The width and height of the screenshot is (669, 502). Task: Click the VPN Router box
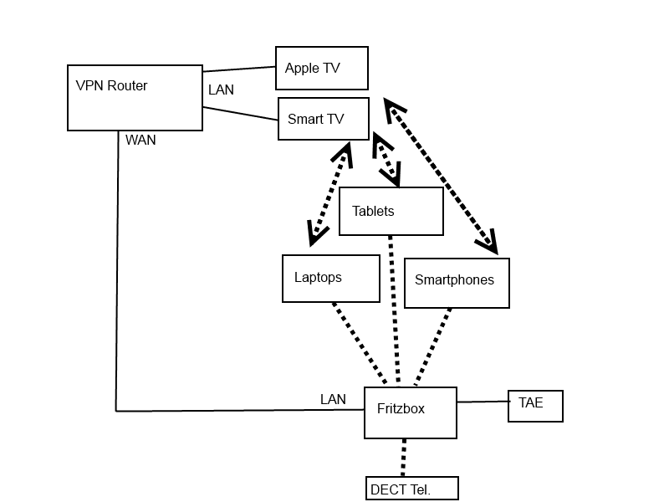point(135,98)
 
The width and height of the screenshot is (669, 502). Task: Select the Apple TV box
point(322,68)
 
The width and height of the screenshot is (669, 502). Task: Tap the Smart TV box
point(323,118)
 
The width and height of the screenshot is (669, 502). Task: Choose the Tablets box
point(391,211)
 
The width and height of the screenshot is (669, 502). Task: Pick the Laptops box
point(331,278)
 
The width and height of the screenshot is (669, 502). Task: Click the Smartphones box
point(457,283)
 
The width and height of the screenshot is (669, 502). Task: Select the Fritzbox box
point(410,412)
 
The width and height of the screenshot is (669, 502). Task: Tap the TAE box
point(535,406)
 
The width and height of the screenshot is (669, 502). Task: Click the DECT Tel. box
point(412,488)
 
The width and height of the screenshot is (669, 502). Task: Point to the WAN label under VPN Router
point(140,141)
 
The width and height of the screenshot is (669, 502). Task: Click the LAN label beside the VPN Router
point(221,90)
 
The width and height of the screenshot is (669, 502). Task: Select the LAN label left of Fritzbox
point(333,400)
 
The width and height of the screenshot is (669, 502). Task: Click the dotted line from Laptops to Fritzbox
point(360,343)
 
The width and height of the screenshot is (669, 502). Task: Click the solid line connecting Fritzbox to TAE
point(483,402)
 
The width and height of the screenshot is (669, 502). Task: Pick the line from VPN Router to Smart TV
point(239,113)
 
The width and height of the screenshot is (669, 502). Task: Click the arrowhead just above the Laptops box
point(316,234)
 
